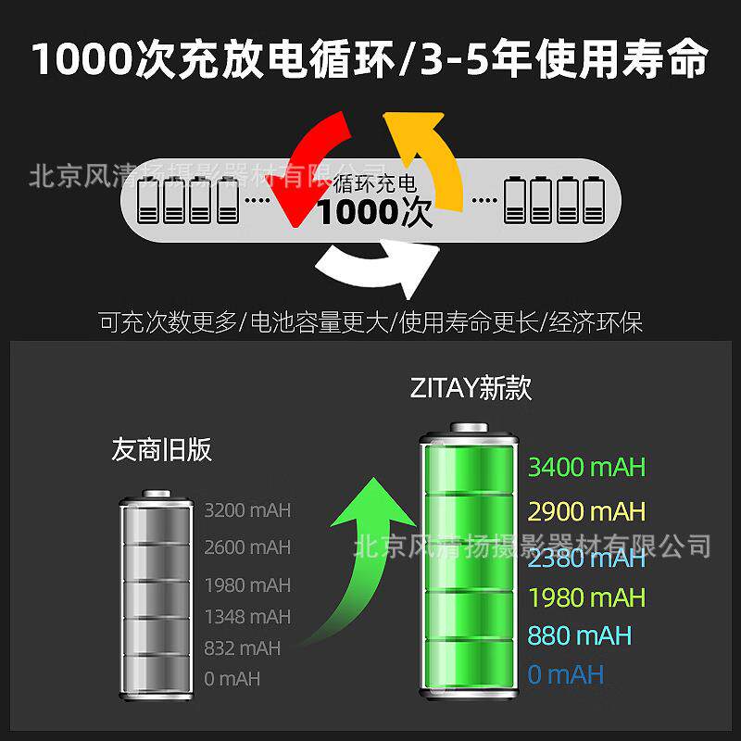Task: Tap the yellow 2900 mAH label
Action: point(585,511)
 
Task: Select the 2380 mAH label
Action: point(585,558)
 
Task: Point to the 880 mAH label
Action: point(579,635)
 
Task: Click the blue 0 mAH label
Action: point(565,674)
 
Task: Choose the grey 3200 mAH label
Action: point(247,509)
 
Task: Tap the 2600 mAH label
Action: point(247,547)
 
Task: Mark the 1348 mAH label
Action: point(247,616)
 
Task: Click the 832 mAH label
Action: point(242,647)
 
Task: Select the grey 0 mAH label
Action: point(232,679)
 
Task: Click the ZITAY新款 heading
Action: point(471,388)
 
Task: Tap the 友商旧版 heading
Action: point(162,450)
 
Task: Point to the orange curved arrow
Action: point(426,157)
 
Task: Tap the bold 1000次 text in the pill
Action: point(374,213)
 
